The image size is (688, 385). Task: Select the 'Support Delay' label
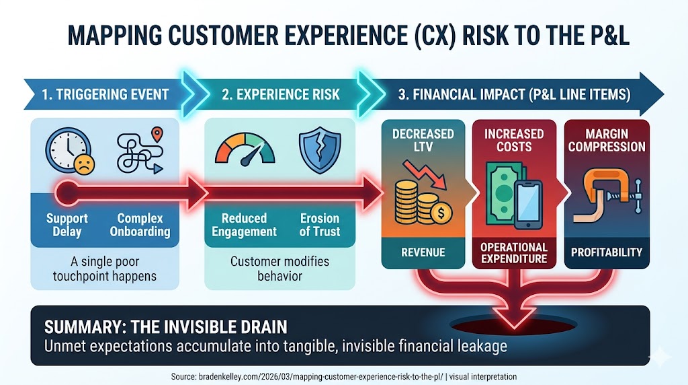tap(67, 225)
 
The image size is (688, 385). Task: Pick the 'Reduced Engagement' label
tap(244, 225)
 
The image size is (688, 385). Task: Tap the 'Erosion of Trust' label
tap(319, 225)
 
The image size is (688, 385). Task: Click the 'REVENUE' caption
tap(423, 252)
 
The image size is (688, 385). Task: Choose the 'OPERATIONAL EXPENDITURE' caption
tap(514, 253)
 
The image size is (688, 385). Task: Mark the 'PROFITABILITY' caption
tap(606, 252)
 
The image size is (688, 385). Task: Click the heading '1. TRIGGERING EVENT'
tap(105, 94)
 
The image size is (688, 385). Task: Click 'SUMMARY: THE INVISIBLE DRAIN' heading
tap(166, 327)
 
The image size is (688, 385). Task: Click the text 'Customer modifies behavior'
tap(280, 269)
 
